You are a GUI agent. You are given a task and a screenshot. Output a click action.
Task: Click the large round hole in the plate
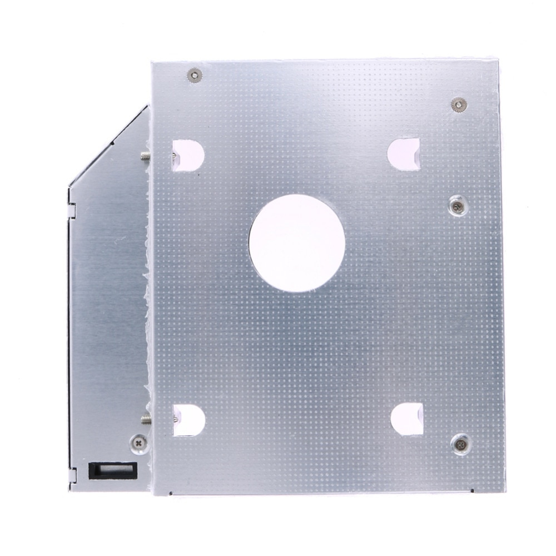(x=296, y=243)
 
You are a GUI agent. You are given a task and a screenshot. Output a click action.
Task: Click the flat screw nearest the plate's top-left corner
(x=194, y=75)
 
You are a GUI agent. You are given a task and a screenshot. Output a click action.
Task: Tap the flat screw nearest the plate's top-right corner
(x=459, y=104)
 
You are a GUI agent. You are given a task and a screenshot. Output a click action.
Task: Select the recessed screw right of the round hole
(x=456, y=206)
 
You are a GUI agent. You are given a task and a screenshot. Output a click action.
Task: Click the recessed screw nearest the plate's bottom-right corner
(x=460, y=443)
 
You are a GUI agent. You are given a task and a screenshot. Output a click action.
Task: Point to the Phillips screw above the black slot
(x=138, y=443)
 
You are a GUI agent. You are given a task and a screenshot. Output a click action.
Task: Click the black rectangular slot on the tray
(x=112, y=471)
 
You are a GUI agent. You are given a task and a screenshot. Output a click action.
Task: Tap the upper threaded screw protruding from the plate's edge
(x=145, y=156)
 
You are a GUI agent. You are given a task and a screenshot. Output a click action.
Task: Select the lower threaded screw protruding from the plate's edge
(x=145, y=418)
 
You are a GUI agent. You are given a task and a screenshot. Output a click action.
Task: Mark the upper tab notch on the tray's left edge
(x=71, y=210)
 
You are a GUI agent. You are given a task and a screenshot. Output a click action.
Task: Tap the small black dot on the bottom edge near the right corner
(x=472, y=492)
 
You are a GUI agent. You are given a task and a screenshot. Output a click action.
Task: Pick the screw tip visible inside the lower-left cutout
(x=176, y=417)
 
